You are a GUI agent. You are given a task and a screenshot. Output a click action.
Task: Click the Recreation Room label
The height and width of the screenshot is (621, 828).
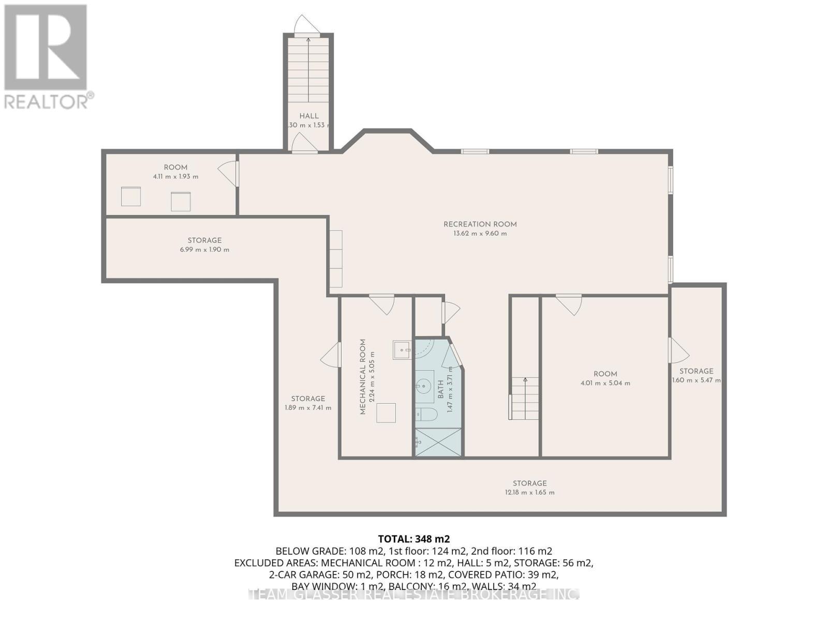pos(480,224)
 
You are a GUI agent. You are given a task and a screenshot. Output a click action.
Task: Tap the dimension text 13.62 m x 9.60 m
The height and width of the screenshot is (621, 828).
pos(480,233)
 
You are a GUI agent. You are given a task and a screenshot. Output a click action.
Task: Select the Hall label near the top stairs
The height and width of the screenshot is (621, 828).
pos(309,116)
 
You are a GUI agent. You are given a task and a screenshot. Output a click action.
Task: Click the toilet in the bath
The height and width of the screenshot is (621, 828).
pos(427,414)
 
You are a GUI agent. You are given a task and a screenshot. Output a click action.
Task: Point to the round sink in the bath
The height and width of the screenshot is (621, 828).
pos(424,386)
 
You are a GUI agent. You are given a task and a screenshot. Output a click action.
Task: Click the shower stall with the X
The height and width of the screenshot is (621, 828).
pos(438,442)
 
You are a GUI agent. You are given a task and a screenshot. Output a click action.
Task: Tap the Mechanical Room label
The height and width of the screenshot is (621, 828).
pos(363,376)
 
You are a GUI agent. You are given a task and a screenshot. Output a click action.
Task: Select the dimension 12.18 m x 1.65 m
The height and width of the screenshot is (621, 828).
pos(529,492)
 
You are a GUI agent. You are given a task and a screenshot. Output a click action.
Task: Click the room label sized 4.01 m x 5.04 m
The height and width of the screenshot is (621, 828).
pos(605,374)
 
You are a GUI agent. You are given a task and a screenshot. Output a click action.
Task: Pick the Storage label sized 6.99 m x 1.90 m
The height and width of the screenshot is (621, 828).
pos(204,240)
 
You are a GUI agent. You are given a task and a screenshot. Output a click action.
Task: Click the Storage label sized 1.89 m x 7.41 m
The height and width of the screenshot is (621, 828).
pos(308,398)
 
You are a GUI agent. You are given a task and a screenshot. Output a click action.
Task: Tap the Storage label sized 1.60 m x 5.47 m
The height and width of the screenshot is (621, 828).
pos(696,371)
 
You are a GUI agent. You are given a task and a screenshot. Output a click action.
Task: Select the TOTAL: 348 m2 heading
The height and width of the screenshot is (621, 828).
pos(410,539)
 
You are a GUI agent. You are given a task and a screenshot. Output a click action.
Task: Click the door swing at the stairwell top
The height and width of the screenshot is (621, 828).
pos(305,25)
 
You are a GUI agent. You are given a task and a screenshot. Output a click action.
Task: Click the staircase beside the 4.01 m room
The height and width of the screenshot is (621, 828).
pos(525,398)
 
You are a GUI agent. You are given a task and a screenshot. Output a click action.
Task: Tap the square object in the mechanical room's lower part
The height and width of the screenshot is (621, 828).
pos(386,413)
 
